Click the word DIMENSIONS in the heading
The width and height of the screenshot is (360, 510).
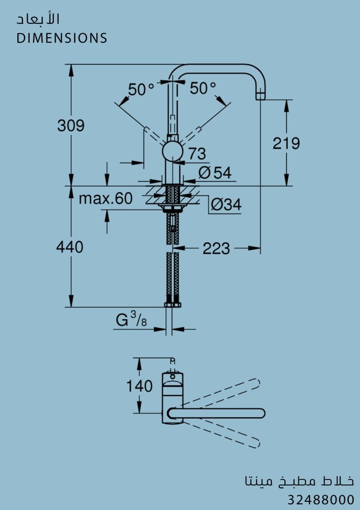(62, 38)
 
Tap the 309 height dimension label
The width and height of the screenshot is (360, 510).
(71, 125)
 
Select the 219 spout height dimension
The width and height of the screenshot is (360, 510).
(286, 143)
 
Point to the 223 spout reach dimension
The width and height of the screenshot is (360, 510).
(216, 249)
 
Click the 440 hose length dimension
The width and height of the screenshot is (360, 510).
(69, 247)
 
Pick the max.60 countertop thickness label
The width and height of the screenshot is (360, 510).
(106, 198)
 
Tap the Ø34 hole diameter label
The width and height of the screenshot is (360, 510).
(226, 205)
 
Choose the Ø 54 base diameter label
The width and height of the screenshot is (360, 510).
(215, 173)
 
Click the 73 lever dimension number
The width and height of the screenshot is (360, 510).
(197, 154)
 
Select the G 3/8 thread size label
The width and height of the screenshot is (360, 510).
(132, 319)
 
